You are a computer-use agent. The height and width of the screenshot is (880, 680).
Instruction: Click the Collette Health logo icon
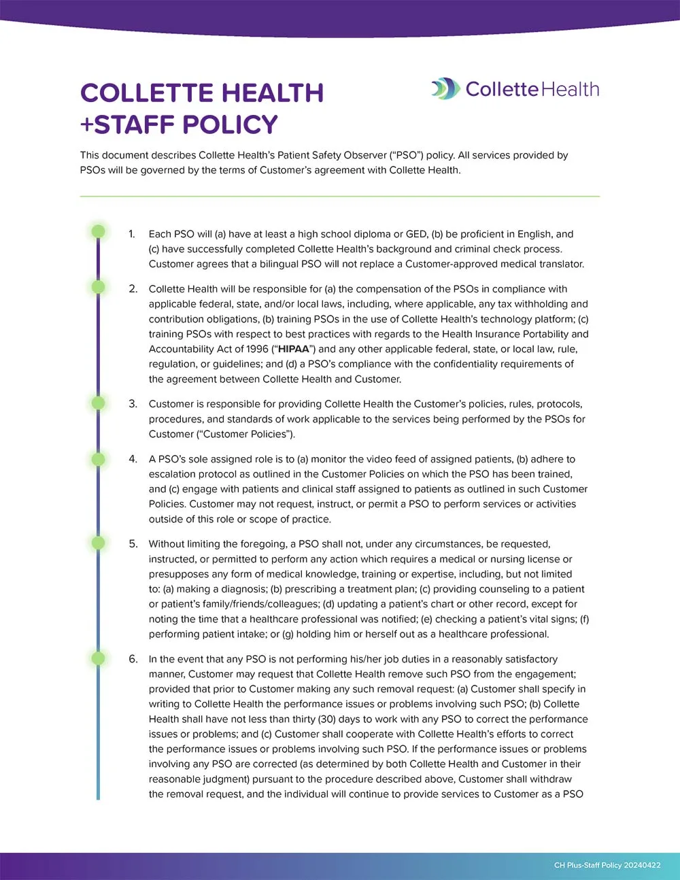(445, 89)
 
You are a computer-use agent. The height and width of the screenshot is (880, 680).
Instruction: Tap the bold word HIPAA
(294, 349)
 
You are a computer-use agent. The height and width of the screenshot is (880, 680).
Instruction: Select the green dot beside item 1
(99, 231)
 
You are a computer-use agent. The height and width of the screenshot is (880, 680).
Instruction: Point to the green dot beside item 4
(99, 460)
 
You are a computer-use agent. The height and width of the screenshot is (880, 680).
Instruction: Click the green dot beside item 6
(99, 658)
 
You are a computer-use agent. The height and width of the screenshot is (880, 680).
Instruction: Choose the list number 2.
(133, 289)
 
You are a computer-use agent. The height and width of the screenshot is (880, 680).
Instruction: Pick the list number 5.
(133, 544)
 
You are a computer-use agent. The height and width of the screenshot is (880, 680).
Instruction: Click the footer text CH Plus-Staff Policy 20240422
(607, 865)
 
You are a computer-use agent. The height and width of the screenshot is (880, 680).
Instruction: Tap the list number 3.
(133, 404)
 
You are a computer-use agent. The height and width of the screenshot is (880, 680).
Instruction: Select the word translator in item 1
(560, 264)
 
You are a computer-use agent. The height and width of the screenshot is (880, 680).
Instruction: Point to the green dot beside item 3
(99, 403)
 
